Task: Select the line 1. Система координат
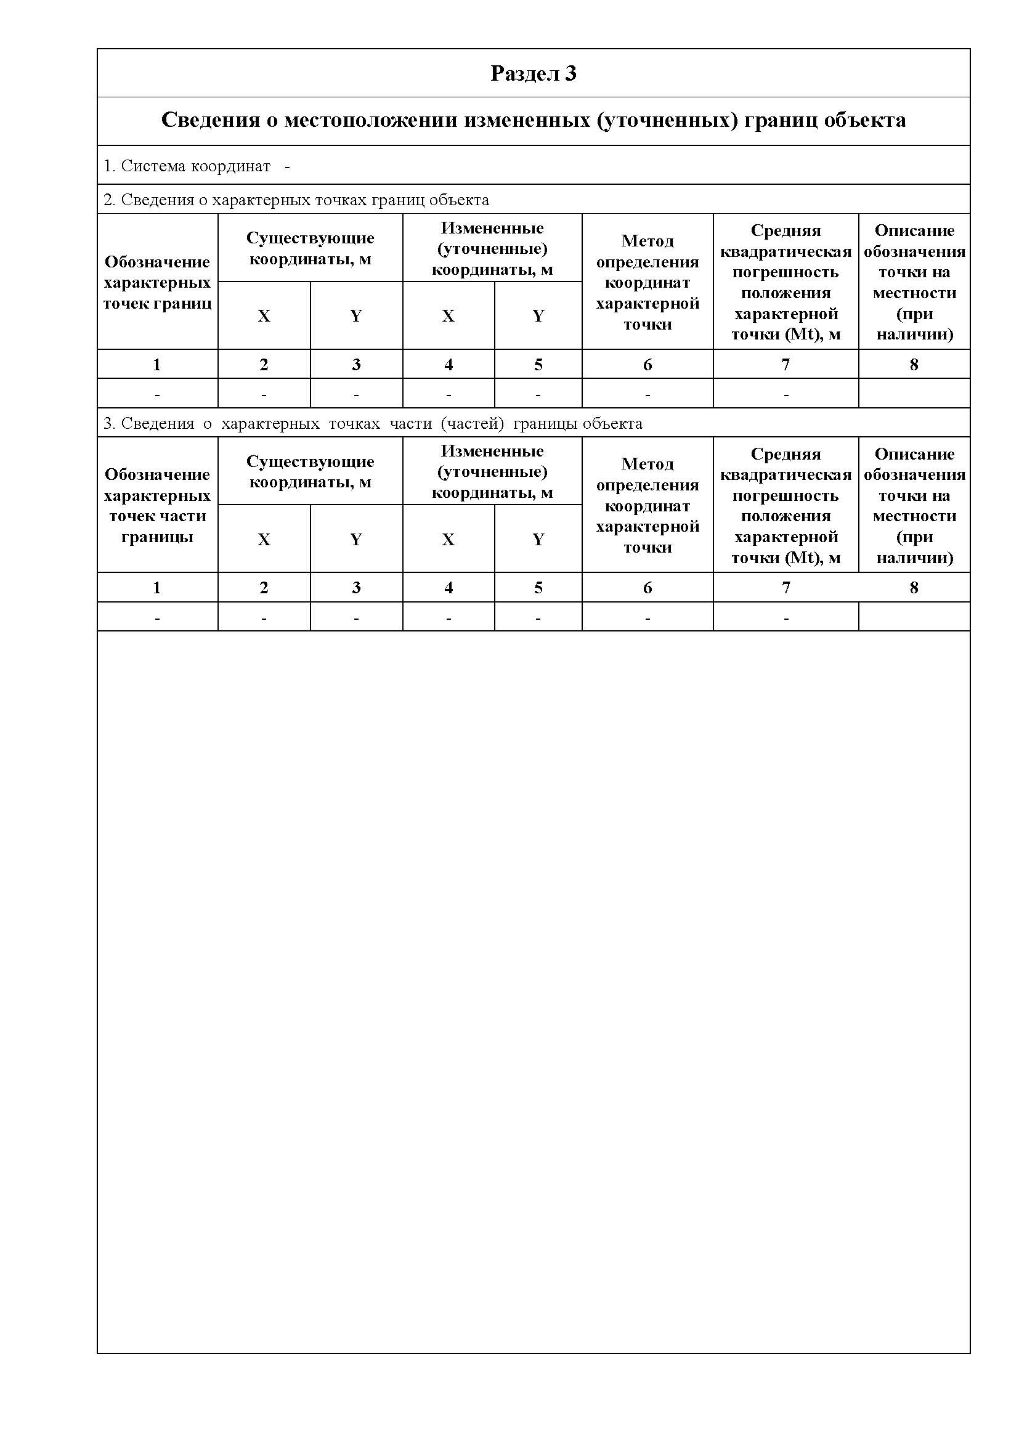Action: tap(187, 166)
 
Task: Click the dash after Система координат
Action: tap(287, 167)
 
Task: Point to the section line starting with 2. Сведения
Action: tap(296, 200)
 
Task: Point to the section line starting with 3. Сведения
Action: tap(373, 424)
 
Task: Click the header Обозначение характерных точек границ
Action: tap(157, 282)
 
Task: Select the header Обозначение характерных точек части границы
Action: tap(157, 505)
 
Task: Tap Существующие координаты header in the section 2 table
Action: tap(310, 248)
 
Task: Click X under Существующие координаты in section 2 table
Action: tap(264, 315)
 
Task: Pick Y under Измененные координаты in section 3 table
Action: tap(538, 539)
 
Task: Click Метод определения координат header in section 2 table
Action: tap(648, 282)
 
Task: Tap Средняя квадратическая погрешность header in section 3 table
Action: tap(786, 505)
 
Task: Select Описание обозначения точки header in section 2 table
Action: tap(914, 282)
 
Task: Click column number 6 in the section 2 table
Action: tap(648, 365)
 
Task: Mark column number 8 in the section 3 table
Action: tap(914, 588)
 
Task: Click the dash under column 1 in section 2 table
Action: tap(157, 395)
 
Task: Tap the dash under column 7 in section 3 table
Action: tap(786, 618)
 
